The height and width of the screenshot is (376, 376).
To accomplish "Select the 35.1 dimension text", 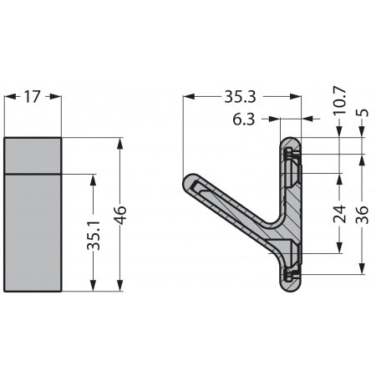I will (94, 235).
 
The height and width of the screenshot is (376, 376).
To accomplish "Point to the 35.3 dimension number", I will (240, 97).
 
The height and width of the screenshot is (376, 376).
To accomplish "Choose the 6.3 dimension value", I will (244, 119).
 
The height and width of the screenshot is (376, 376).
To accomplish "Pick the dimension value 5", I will (363, 109).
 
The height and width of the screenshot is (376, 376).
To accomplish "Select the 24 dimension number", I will (339, 214).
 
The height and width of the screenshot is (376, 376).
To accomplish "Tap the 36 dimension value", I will (363, 214).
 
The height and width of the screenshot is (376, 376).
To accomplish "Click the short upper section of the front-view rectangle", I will (33, 155).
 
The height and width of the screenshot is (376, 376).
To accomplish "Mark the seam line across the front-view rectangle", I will (33, 173).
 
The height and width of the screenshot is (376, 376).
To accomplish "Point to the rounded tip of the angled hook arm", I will (189, 182).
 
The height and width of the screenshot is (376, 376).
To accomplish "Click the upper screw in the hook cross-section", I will (290, 154).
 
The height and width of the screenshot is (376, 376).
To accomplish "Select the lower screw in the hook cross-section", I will (290, 273).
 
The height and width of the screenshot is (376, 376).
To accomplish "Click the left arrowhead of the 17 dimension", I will (8, 96).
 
